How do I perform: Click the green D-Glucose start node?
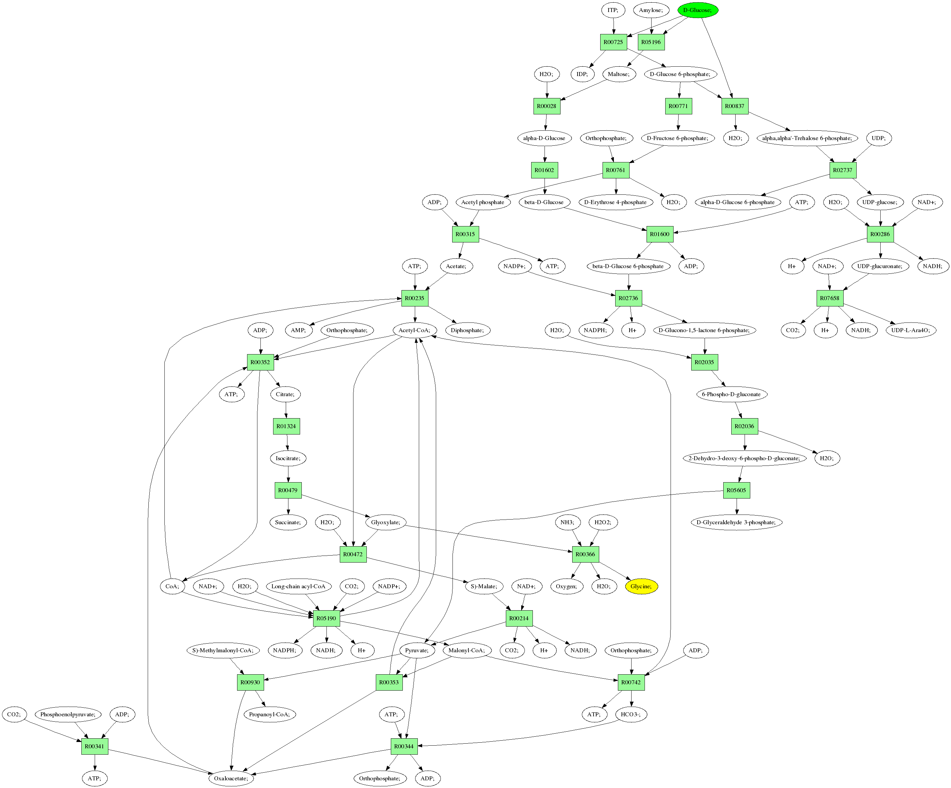[x=697, y=10]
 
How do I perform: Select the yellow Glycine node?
[x=641, y=587]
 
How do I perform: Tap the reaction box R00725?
[x=613, y=42]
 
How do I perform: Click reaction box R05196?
[x=651, y=42]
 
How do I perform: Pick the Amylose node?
[x=651, y=10]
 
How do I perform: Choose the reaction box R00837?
[x=735, y=106]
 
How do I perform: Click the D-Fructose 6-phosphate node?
[x=678, y=138]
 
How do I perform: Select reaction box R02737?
[x=843, y=170]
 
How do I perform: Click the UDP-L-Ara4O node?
[x=911, y=330]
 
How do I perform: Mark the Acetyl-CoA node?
[x=414, y=330]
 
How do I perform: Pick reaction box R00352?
[x=260, y=362]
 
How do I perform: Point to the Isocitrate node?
[x=288, y=458]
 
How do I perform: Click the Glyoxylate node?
[x=385, y=522]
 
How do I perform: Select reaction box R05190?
[x=326, y=618]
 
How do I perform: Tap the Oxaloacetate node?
[x=231, y=778]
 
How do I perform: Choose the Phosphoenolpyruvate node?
[x=68, y=715]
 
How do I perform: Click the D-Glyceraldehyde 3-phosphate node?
[x=736, y=522]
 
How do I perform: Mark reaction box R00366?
[x=585, y=554]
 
